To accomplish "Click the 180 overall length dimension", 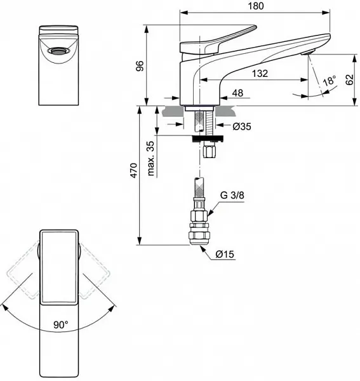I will click(255, 6).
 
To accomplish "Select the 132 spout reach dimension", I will click(258, 74).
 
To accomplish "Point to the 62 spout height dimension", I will click(348, 79).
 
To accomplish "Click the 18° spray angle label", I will click(328, 82).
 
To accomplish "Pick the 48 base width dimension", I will click(237, 93).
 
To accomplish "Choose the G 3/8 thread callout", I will click(233, 196).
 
